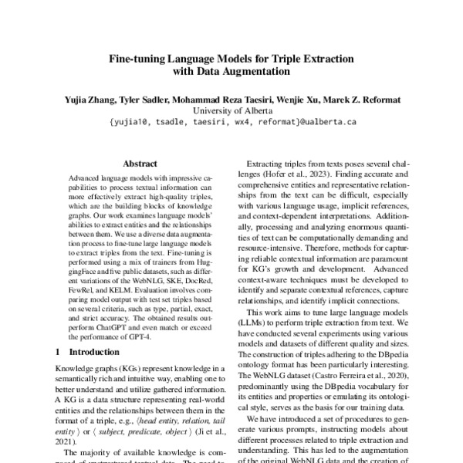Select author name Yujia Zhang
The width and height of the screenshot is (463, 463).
click(x=83, y=99)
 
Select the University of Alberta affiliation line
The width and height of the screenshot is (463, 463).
click(x=231, y=110)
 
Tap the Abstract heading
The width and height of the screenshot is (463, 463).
click(x=140, y=164)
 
